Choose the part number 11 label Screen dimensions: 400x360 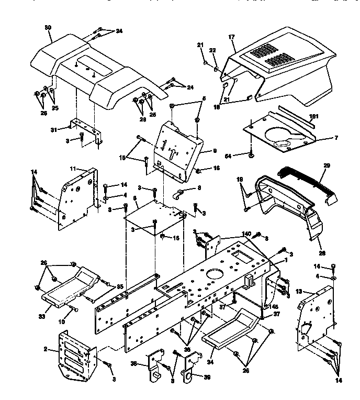tap(73, 169)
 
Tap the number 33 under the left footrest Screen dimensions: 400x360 tap(42, 315)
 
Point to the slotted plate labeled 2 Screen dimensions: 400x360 tap(76, 353)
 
